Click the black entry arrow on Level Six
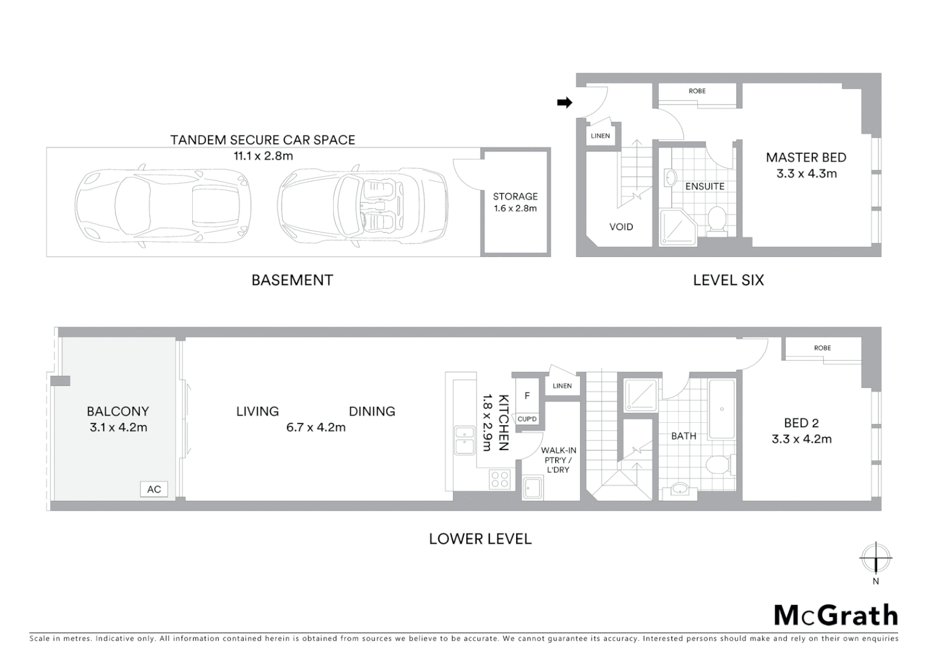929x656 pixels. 565,103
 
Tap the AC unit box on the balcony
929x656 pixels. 154,489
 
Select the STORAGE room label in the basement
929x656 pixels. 515,196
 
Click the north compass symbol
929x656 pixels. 875,558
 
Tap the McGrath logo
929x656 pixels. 835,615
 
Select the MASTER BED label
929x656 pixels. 806,157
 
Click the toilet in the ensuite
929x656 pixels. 717,220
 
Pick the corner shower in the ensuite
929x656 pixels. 677,227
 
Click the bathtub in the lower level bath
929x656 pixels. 722,409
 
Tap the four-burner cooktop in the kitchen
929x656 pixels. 500,479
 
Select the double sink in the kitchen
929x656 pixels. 465,440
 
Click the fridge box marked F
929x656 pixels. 527,395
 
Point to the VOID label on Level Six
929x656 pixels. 621,227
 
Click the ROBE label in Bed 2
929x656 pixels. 822,348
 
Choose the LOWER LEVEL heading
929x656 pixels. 480,539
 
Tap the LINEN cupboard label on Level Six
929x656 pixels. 600,135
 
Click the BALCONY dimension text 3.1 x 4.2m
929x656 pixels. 118,427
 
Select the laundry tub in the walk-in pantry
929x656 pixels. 533,488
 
